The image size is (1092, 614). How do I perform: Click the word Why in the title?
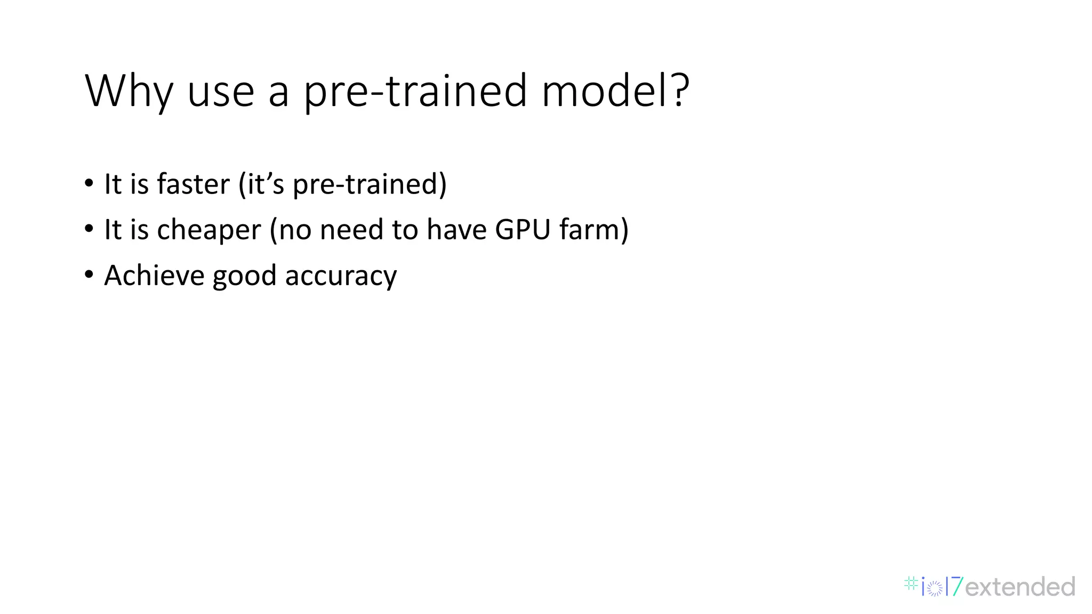coord(128,91)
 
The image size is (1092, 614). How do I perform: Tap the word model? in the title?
coord(615,91)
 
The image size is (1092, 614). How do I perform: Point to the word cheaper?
coord(209,230)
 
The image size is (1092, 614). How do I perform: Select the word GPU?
coord(522,230)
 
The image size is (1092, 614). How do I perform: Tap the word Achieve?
coord(154,276)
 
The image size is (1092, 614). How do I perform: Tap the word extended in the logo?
coord(1020,587)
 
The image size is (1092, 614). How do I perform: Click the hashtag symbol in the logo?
coord(911,584)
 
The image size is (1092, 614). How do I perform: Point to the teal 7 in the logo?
coord(957,587)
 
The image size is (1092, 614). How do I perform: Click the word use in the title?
coord(221,92)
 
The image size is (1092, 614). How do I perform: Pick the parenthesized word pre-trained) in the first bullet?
coord(370,184)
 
